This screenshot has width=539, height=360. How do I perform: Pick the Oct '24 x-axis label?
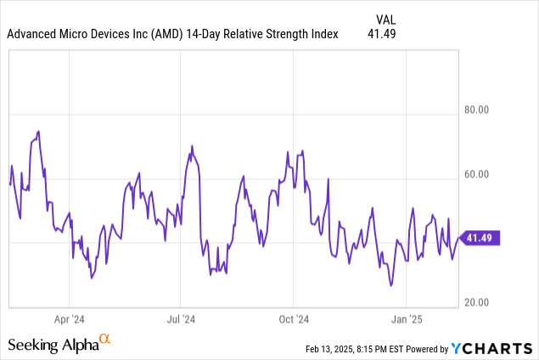click(293, 320)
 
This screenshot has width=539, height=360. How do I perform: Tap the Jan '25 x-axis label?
click(406, 320)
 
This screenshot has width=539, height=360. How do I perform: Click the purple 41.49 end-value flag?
click(480, 239)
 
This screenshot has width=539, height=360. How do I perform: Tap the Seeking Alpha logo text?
click(52, 345)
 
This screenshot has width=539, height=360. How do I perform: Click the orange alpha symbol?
click(104, 340)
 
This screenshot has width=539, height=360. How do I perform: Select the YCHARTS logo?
click(491, 348)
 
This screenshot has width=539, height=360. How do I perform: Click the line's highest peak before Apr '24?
click(39, 132)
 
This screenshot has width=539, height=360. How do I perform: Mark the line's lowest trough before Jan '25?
click(391, 285)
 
